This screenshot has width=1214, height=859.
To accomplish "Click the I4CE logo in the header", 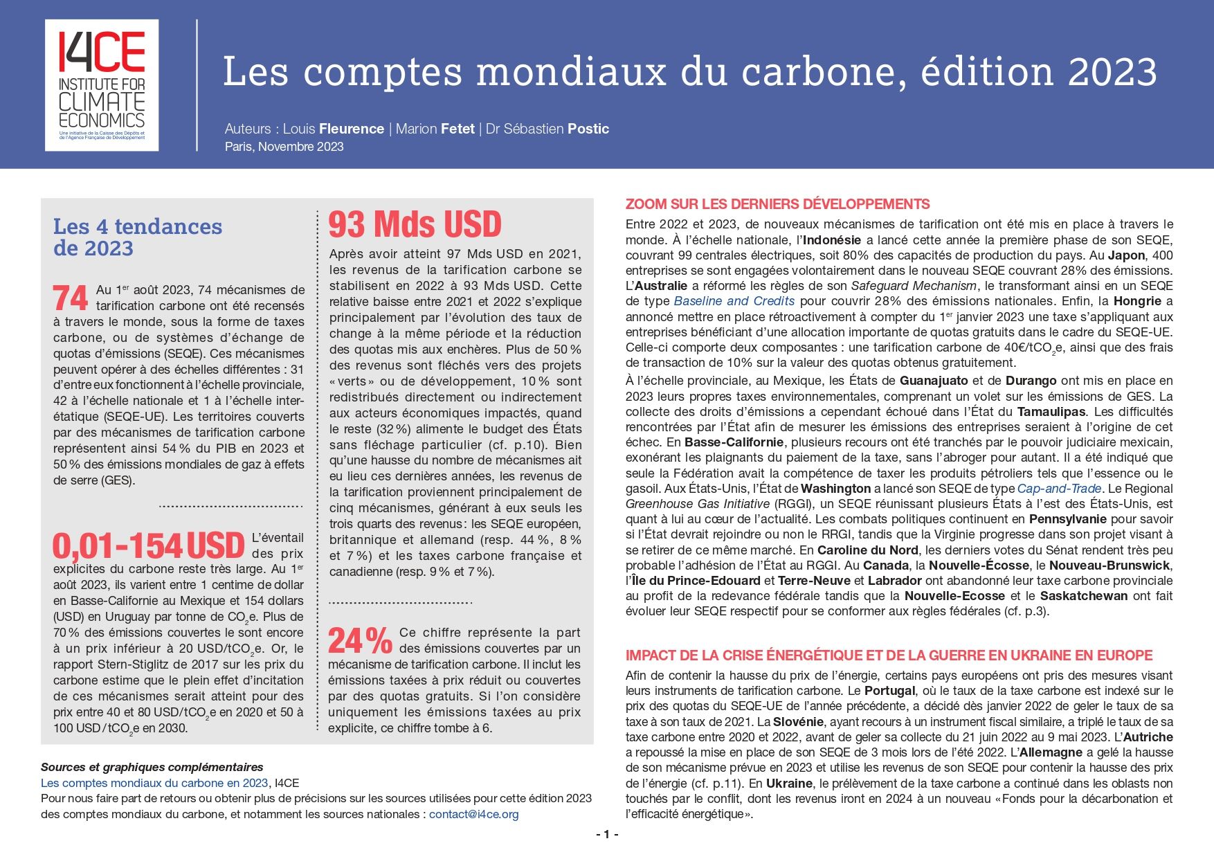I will point(102,85).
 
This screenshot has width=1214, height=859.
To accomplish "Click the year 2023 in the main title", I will point(1112,72).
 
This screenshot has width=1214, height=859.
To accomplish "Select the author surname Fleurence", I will point(352,129).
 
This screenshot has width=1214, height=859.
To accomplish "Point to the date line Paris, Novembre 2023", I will point(284,147).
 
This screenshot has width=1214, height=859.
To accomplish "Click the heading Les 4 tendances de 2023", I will point(138,237).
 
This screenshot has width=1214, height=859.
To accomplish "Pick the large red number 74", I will point(71,298).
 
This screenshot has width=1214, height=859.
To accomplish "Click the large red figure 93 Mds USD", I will point(415,224).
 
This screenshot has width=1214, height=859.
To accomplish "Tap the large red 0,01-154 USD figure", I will point(149,546).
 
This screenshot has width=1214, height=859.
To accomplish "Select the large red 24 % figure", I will point(360,640).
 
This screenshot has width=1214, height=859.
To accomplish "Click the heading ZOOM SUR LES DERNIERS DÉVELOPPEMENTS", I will point(777,204).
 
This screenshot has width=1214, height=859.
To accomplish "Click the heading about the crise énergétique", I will point(889,655).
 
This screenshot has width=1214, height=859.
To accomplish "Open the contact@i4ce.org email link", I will point(473,815).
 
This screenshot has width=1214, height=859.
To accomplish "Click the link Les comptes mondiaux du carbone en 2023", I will point(154,784).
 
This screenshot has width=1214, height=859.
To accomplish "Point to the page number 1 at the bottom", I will point(607,835).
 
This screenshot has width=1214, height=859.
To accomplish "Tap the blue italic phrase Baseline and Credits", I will point(734,301).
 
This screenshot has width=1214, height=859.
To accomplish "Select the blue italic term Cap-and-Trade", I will point(1059,489).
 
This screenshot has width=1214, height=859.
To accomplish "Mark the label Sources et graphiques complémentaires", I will point(152,767).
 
